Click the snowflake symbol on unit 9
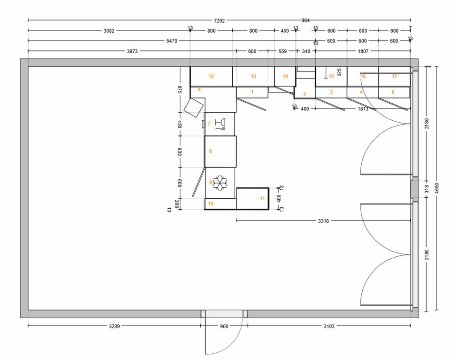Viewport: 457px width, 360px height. tap(220, 183)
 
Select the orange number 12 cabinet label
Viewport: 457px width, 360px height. tap(211, 76)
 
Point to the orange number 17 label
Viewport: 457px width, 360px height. tap(394, 76)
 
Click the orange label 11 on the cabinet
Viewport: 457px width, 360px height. tap(262, 199)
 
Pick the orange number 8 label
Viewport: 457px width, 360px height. tap(210, 151)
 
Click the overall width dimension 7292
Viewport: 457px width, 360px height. tap(219, 20)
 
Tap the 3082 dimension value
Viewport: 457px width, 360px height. tap(109, 31)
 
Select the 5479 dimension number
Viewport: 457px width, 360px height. tap(172, 41)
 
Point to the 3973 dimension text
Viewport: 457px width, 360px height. tap(132, 51)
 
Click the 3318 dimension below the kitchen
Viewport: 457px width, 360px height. tap(323, 221)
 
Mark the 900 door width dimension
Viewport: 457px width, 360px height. tap(224, 327)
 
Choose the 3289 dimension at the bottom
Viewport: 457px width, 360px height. tap(114, 327)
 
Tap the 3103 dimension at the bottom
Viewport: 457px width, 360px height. tap(329, 327)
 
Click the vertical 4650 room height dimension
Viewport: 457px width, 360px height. tap(437, 188)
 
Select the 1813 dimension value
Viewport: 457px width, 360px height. tap(363, 109)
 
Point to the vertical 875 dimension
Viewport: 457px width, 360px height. tap(179, 90)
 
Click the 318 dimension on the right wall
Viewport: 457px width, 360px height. tap(427, 189)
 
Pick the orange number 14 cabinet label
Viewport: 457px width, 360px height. tap(285, 76)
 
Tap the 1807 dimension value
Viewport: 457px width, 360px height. tap(363, 51)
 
